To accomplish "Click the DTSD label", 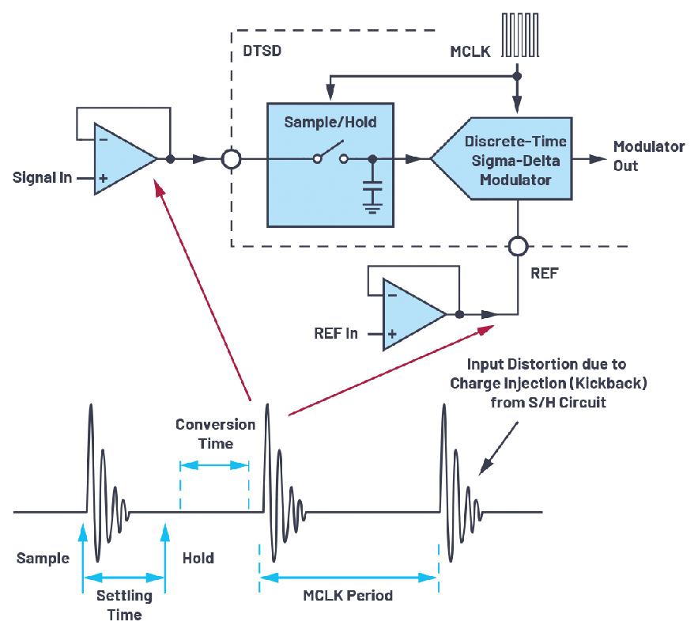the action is click(x=262, y=51).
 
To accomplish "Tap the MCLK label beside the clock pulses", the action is click(x=470, y=51).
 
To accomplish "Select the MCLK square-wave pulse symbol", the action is click(x=520, y=35).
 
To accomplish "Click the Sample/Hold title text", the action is click(x=330, y=122).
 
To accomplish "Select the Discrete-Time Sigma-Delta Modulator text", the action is click(x=515, y=161).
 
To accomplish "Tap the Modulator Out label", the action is click(x=648, y=156).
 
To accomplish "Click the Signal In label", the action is click(x=42, y=177).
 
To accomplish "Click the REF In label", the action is click(x=336, y=333).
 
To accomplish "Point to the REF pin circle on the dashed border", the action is click(x=518, y=246).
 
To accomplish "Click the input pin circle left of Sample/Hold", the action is click(x=231, y=159).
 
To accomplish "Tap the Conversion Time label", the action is click(x=216, y=434).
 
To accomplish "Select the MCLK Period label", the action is click(x=348, y=595).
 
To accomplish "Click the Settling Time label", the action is click(x=124, y=605).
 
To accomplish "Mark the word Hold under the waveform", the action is click(x=198, y=558).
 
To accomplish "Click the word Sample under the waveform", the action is click(x=43, y=559).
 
